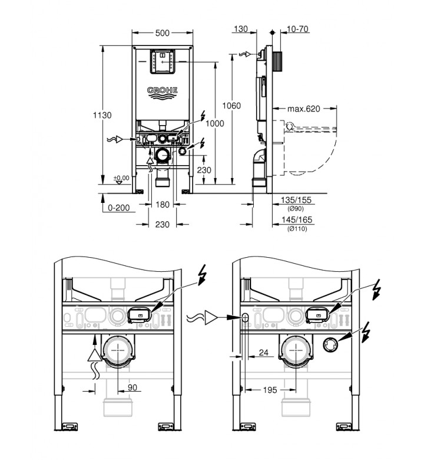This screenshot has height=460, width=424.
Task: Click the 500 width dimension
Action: click(163, 34)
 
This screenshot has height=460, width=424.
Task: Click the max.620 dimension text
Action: click(303, 109)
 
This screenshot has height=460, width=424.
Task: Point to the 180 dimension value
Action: click(163, 205)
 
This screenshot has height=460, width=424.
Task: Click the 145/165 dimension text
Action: click(297, 221)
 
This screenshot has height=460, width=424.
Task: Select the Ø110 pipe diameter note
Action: click(297, 228)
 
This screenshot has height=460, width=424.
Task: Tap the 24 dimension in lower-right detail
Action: click(263, 354)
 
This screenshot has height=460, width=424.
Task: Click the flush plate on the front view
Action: click(162, 63)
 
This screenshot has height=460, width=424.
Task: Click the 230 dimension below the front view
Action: click(163, 224)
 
